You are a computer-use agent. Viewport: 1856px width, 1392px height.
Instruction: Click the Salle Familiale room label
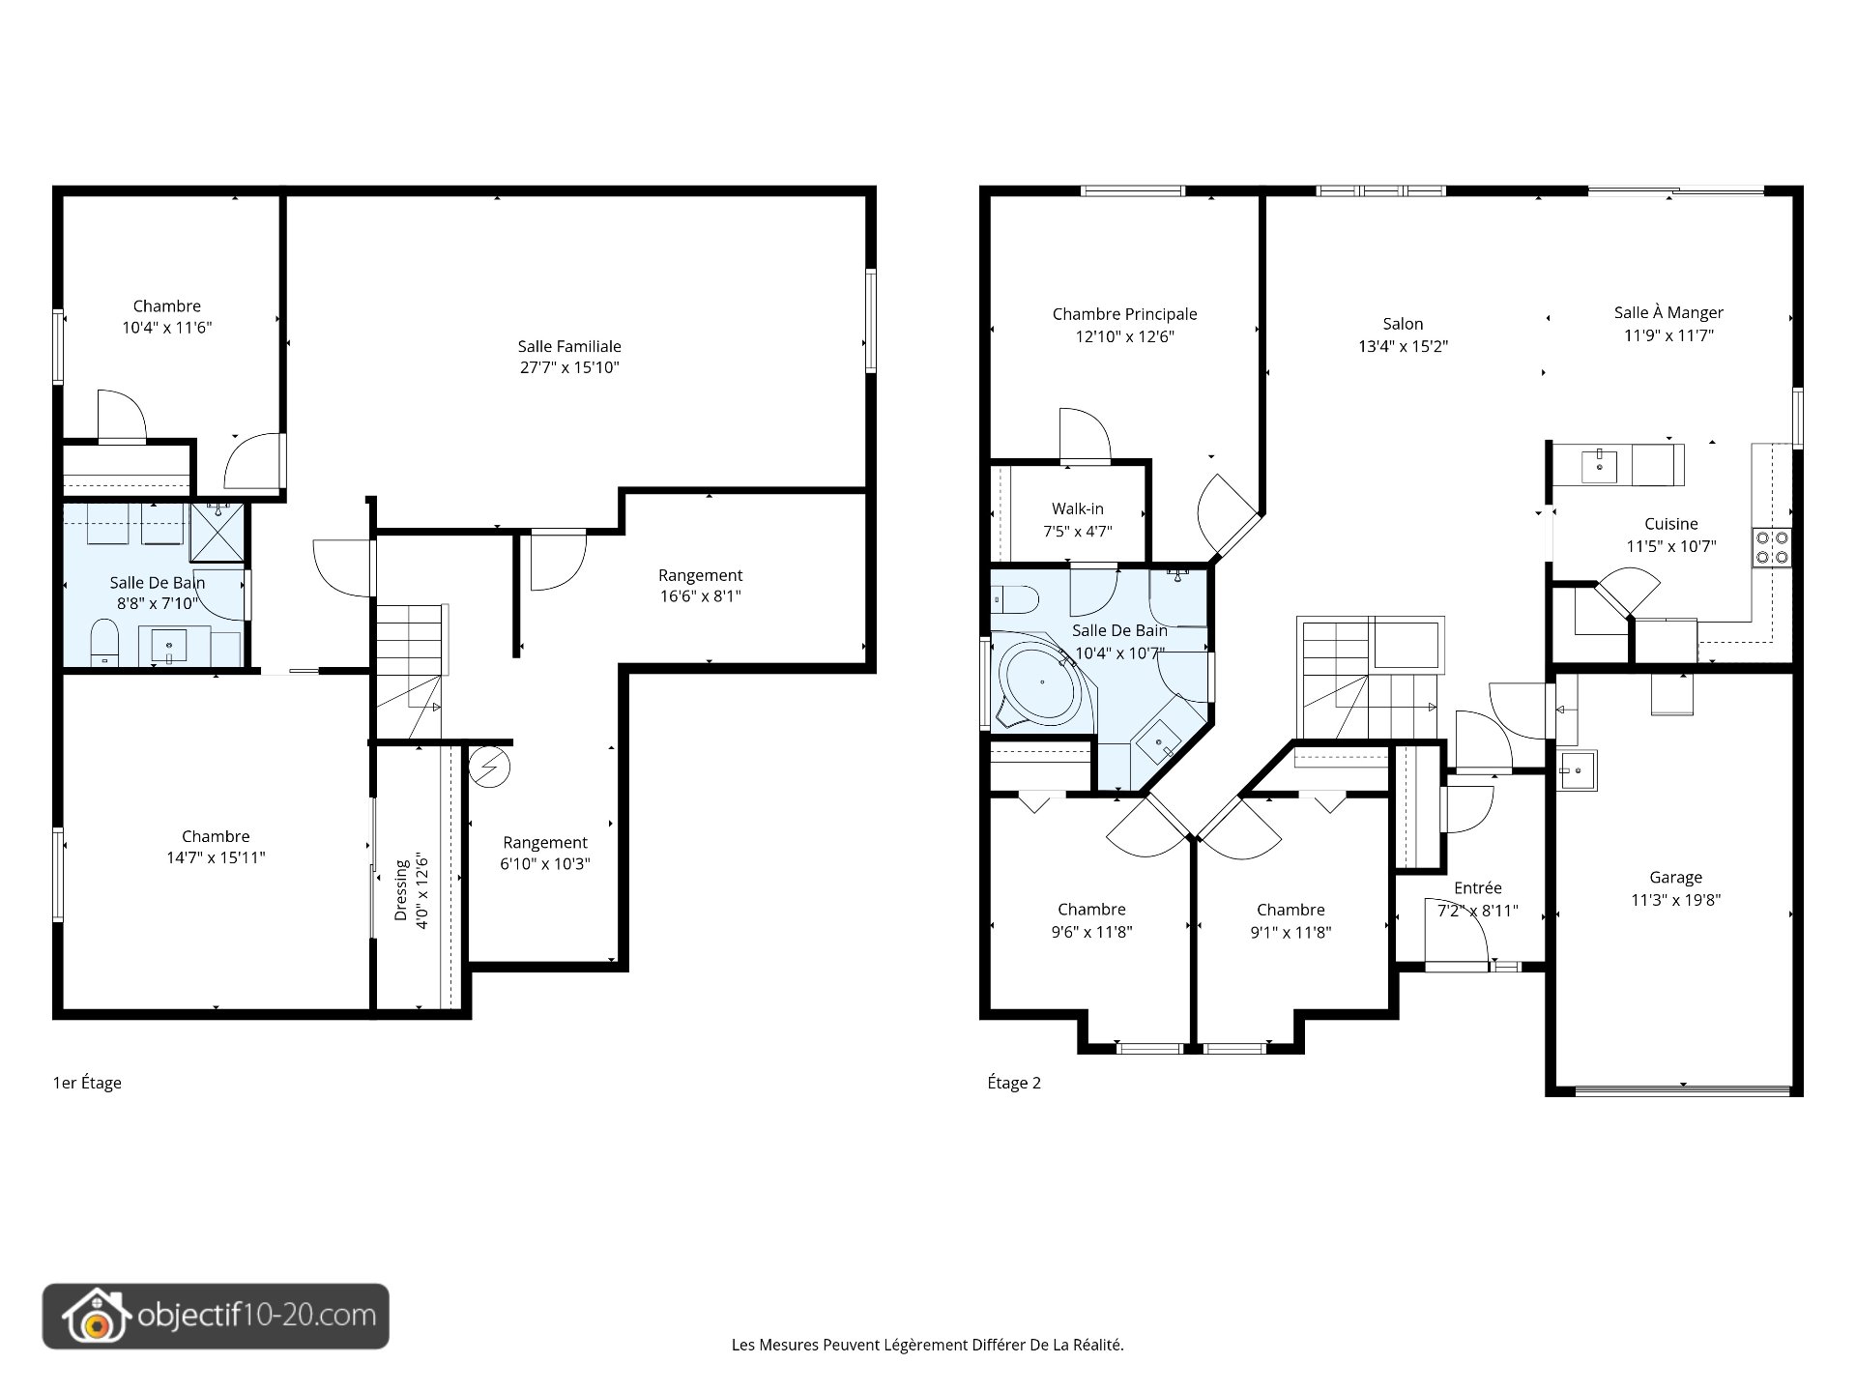point(569,346)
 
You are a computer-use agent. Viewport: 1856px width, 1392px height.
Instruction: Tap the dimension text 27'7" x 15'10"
point(569,367)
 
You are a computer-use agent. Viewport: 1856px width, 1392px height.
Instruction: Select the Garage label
point(1675,878)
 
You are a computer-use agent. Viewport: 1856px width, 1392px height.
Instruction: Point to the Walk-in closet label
point(1078,509)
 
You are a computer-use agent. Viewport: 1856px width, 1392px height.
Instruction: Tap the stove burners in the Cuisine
point(1772,547)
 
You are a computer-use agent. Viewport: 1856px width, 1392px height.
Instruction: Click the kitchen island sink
point(1600,466)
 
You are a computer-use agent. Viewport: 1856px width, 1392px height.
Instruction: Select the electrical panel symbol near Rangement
point(489,768)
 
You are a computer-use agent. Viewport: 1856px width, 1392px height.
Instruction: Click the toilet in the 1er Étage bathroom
point(104,643)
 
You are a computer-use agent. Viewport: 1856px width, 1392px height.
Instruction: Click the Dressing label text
point(401,889)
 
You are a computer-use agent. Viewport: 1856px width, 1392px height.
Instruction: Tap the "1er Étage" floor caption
point(87,1083)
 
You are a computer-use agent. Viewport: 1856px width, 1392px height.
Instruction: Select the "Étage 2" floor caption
point(1014,1083)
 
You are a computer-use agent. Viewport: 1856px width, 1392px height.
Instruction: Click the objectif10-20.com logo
point(216,1317)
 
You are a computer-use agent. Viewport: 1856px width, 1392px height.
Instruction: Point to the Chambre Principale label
point(1124,314)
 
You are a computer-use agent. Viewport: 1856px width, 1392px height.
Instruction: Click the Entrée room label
point(1478,887)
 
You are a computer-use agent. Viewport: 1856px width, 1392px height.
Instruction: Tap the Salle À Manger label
point(1668,312)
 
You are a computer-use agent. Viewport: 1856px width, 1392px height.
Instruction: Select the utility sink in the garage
point(1578,771)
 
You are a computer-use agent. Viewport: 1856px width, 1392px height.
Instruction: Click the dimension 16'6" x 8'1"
point(700,596)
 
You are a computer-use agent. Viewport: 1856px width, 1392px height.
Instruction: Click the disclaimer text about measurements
point(928,1345)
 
